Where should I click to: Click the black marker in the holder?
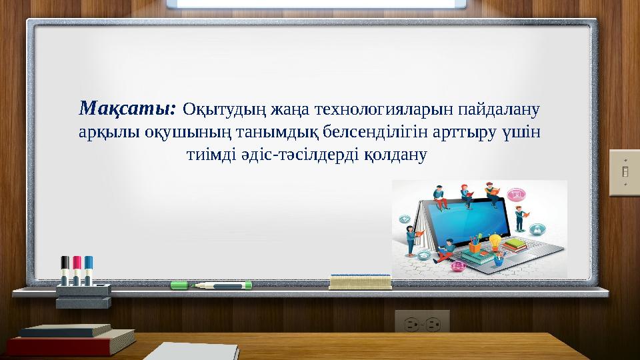(x=65, y=270)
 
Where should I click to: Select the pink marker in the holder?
(x=77, y=270)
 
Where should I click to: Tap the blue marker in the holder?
(x=89, y=270)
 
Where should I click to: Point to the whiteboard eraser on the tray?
(x=360, y=281)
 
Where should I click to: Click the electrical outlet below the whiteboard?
(x=422, y=323)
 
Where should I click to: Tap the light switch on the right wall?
(x=625, y=172)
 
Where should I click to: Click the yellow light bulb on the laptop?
(x=495, y=239)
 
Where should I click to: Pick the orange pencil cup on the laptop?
(x=475, y=247)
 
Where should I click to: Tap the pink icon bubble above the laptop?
(x=514, y=194)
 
